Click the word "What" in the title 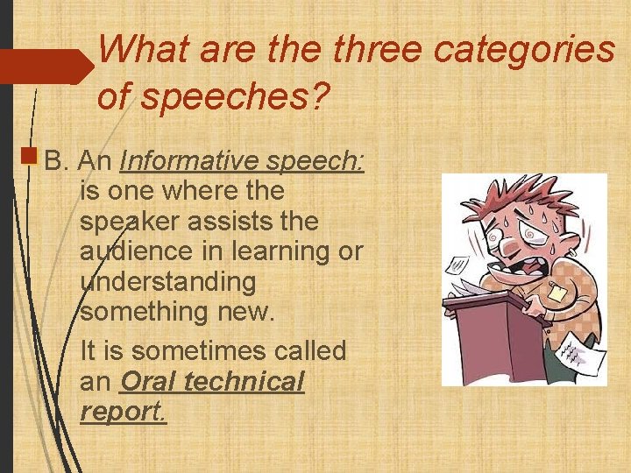pyautogui.click(x=145, y=49)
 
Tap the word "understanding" pyautogui.click(x=167, y=283)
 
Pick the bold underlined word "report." pyautogui.click(x=122, y=411)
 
